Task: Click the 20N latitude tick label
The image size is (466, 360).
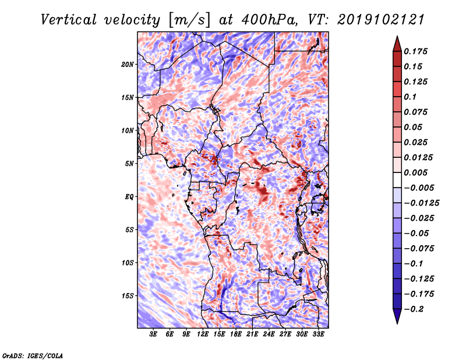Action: [x=128, y=64]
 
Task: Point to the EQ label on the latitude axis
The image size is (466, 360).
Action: [x=129, y=197]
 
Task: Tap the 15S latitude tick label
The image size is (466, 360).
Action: [x=128, y=296]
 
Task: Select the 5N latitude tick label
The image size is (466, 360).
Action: [x=129, y=164]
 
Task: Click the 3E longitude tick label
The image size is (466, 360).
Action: [x=154, y=334]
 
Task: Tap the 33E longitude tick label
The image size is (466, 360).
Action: [x=319, y=334]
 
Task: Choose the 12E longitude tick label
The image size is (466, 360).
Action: [x=203, y=334]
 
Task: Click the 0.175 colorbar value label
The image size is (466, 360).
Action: [x=416, y=51]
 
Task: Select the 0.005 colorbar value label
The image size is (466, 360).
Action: [x=416, y=172]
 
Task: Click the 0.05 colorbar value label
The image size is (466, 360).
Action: [x=414, y=127]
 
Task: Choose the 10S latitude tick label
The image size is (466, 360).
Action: [x=128, y=263]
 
